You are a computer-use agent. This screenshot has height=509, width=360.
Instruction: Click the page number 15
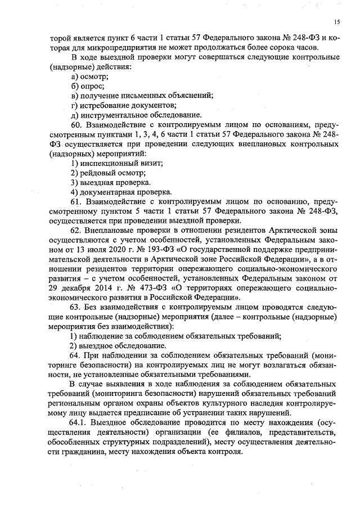click(336, 22)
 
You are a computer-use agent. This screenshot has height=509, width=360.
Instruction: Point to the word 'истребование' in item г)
click(105, 105)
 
